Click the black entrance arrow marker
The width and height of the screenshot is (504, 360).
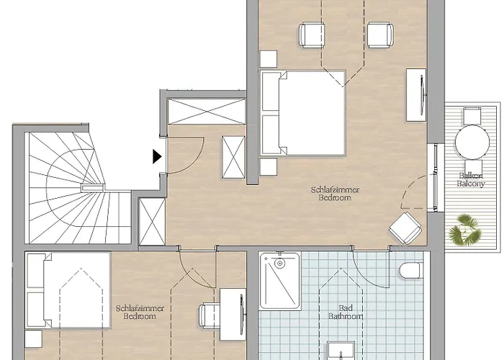coord(156,156)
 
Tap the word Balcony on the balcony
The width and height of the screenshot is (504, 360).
coord(471,184)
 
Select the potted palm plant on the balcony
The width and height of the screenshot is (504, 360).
coord(465,230)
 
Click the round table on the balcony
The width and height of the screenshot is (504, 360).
coord(472,142)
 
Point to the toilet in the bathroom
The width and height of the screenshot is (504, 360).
coord(411,271)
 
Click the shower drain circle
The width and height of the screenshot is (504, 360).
coord(280,264)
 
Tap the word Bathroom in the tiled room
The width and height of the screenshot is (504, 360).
coord(346,316)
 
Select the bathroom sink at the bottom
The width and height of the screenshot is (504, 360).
coord(341,351)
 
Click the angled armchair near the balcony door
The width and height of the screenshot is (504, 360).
coord(405,228)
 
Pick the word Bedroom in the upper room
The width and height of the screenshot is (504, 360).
coord(335,197)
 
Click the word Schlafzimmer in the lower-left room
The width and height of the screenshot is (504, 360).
coord(140,309)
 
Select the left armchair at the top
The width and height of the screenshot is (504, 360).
coord(312,35)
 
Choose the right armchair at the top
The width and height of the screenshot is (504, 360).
coord(381,35)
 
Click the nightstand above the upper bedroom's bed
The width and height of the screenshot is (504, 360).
coord(269,59)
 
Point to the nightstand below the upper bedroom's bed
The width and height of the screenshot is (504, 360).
coord(269,166)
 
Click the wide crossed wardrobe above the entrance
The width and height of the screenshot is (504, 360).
coord(207,111)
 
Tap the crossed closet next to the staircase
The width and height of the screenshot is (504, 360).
coord(152,222)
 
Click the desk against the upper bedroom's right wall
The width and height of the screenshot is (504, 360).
coord(417,95)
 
